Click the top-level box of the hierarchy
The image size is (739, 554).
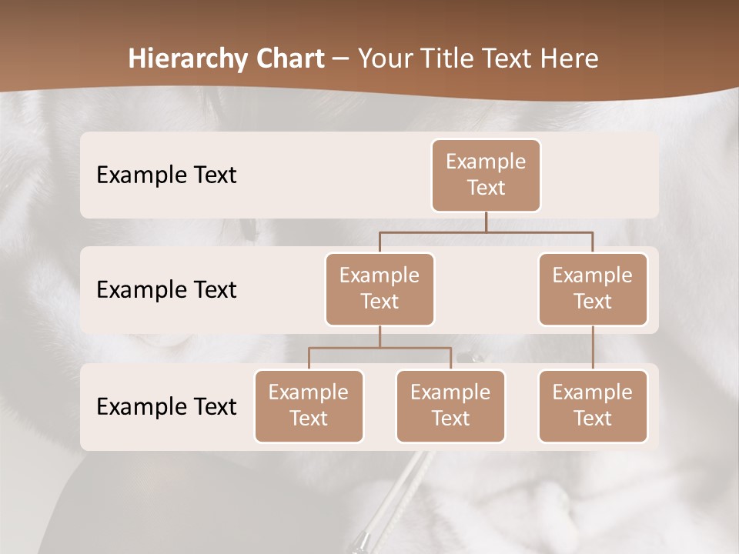486,175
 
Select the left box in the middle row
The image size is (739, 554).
380,289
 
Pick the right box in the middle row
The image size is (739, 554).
593,289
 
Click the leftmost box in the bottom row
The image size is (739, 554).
309,405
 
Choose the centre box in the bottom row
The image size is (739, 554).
450,405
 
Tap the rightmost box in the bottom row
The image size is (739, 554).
593,405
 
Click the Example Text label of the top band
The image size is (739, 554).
166,175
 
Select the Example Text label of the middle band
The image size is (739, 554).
166,290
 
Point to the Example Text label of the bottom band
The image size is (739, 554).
166,407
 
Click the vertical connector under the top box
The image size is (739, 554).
486,222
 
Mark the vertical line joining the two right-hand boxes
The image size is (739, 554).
593,348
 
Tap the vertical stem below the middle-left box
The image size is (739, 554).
380,336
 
